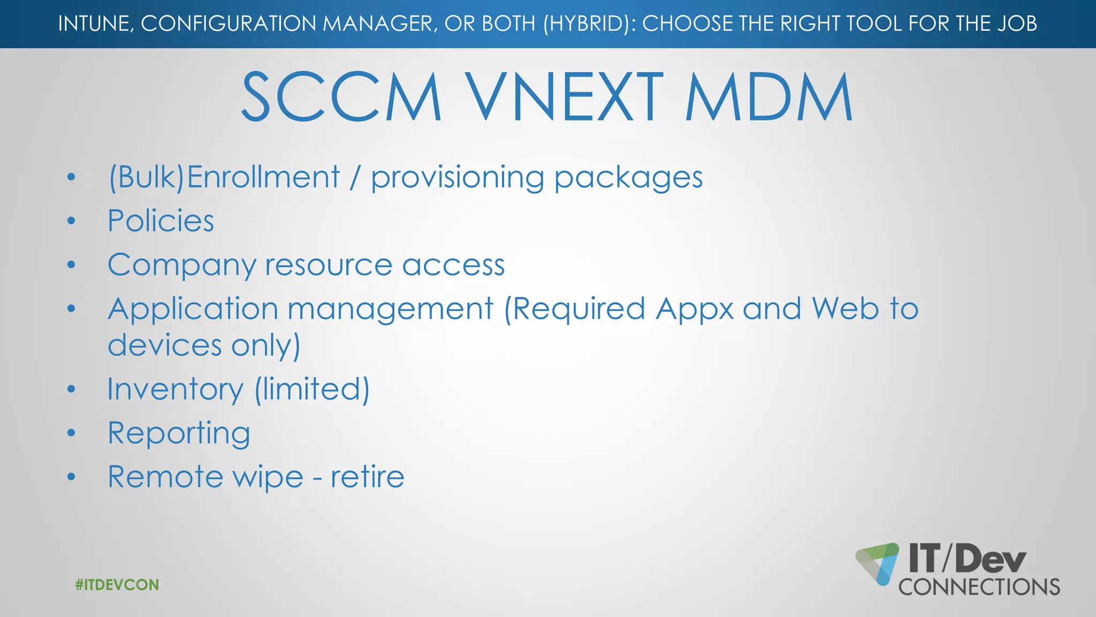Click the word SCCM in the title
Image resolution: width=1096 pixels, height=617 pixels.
click(x=341, y=97)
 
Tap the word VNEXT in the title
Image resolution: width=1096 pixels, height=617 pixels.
click(x=563, y=97)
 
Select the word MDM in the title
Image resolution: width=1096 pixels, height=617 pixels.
click(x=768, y=97)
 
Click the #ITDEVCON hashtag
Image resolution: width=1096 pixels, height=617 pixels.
click(x=117, y=584)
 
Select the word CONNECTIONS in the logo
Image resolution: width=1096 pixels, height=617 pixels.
click(x=979, y=587)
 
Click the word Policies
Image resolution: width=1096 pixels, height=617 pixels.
click(x=161, y=221)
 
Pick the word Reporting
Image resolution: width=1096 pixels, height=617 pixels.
click(x=179, y=433)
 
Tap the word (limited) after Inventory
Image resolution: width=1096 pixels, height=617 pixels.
click(x=312, y=389)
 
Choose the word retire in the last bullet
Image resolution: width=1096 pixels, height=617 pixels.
click(x=367, y=477)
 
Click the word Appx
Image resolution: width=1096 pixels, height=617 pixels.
click(x=695, y=310)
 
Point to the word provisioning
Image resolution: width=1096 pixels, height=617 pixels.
click(x=458, y=178)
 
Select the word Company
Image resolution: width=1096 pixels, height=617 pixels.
click(x=182, y=266)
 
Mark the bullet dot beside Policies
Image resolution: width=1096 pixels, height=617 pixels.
click(x=71, y=221)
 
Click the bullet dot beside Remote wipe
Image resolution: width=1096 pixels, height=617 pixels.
click(x=71, y=477)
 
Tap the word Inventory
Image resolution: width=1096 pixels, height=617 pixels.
click(x=175, y=389)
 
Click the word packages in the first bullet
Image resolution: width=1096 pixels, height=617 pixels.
click(x=628, y=178)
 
